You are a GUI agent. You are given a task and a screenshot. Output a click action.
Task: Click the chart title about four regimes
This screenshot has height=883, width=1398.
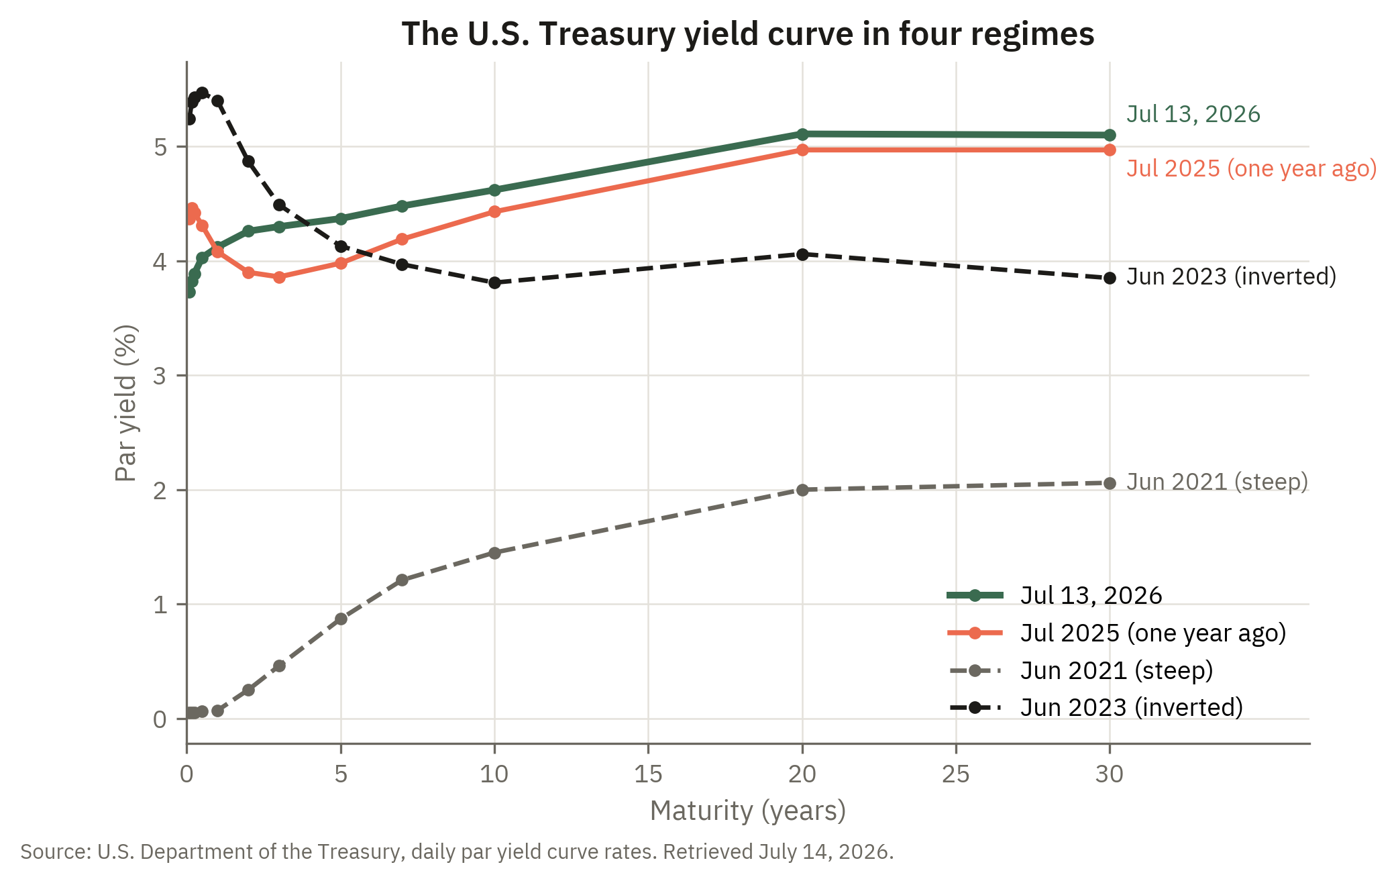tap(748, 34)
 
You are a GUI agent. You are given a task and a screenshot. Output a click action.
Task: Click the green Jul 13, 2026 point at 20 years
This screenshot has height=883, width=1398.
tap(802, 134)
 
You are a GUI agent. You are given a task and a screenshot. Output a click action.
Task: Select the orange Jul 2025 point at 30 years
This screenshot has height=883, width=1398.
tap(1110, 150)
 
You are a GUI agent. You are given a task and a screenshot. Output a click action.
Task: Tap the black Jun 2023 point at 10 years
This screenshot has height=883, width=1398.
tap(494, 283)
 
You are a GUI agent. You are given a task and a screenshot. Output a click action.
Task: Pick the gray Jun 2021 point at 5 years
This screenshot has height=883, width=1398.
tap(341, 619)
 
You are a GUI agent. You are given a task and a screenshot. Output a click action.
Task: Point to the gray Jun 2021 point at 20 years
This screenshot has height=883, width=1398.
tap(802, 490)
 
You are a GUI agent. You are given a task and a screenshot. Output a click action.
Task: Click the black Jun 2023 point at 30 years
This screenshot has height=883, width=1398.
tap(1110, 278)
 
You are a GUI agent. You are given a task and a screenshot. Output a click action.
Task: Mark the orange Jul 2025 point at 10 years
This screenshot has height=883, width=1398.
tap(494, 211)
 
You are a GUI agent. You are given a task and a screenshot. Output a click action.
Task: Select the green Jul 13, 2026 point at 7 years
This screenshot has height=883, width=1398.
tap(402, 206)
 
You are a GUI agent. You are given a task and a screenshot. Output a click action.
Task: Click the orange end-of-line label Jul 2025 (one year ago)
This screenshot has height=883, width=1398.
tap(1252, 168)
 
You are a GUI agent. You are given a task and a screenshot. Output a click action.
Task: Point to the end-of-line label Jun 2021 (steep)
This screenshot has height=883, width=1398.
tap(1218, 482)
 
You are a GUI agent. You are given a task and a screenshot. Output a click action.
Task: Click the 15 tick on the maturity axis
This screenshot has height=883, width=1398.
tap(648, 774)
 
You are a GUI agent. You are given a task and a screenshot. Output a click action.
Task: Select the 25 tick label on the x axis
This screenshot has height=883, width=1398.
tap(956, 774)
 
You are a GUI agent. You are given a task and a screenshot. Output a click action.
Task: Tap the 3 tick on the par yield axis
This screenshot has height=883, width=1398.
tap(160, 376)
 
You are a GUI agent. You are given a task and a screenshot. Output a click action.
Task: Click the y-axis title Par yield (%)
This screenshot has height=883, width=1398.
tap(126, 403)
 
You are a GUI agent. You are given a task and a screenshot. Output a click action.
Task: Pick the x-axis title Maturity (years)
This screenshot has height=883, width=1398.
tap(748, 811)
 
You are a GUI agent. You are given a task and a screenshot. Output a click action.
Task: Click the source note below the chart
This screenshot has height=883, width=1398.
tap(457, 851)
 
